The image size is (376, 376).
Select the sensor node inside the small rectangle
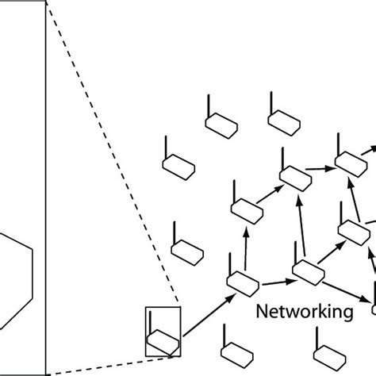point(163,342)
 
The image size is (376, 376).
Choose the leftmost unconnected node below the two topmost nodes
point(177,165)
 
